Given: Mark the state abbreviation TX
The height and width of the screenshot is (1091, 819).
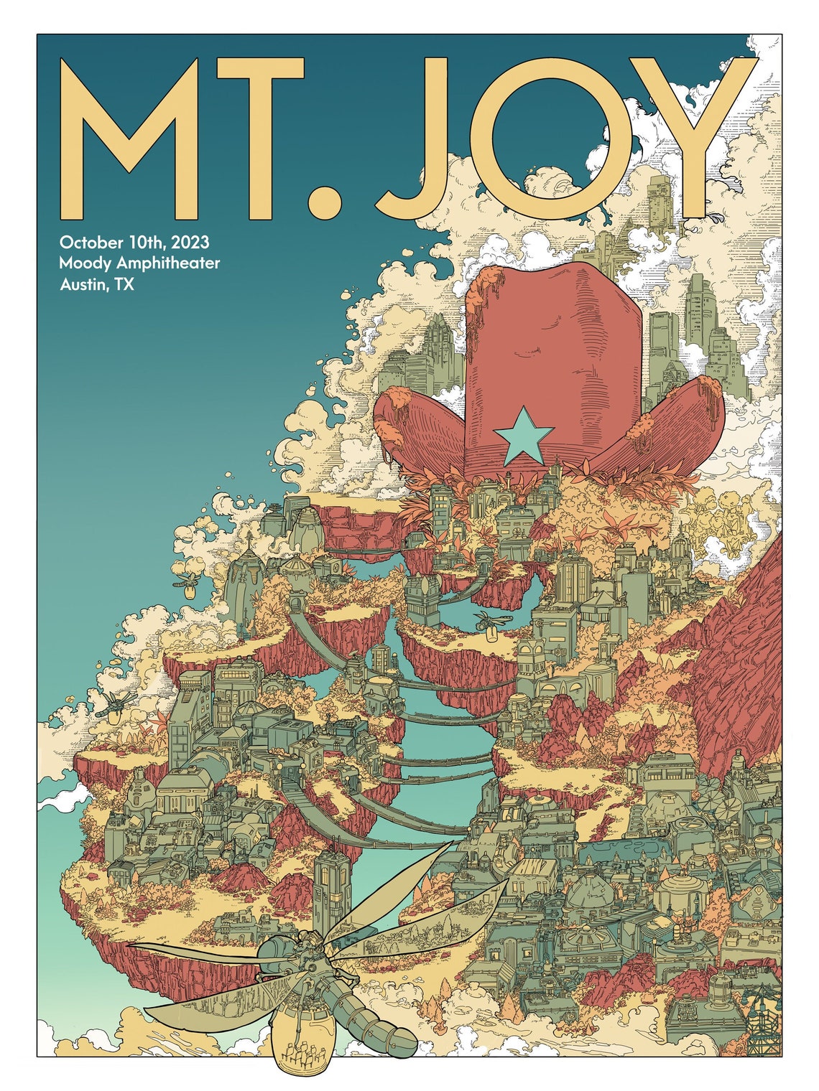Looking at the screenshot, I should pyautogui.click(x=125, y=285).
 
